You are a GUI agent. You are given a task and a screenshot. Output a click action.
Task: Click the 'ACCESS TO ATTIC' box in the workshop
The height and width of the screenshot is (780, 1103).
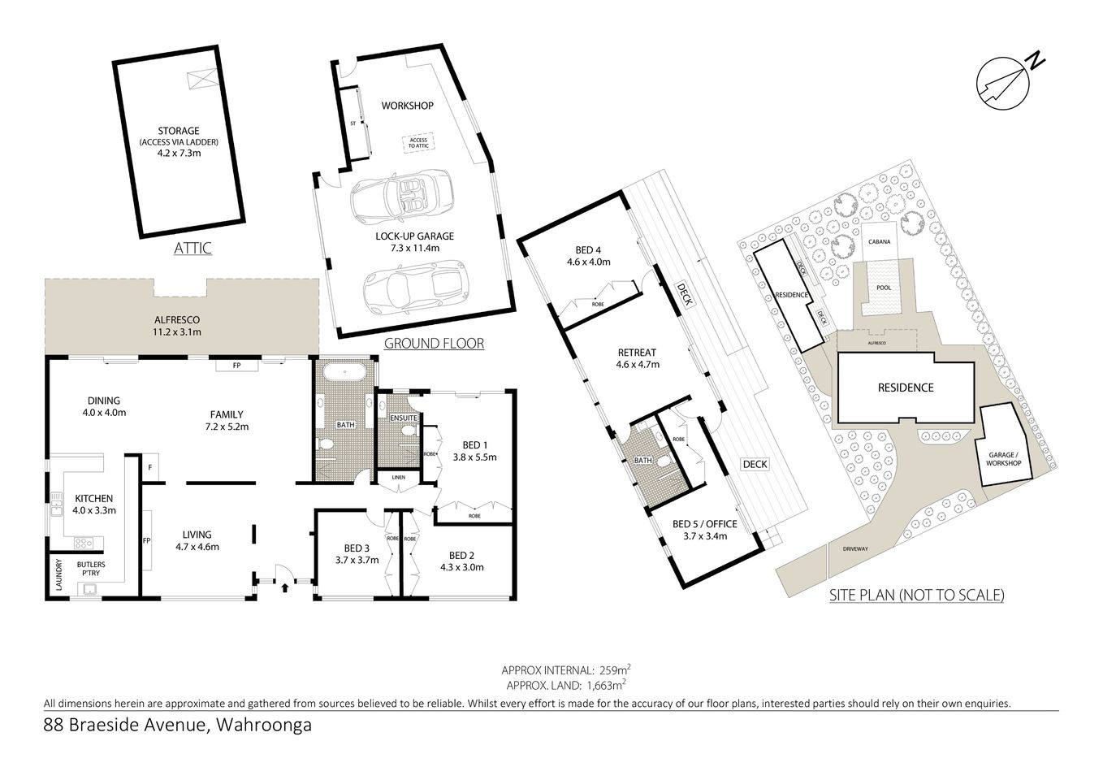click(x=417, y=144)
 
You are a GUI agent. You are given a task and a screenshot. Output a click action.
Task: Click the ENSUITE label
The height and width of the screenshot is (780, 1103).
click(x=404, y=418)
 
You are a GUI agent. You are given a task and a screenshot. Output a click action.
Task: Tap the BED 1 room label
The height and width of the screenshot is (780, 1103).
click(x=474, y=444)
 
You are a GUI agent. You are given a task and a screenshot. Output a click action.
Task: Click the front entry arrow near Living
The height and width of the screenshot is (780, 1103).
click(x=284, y=586)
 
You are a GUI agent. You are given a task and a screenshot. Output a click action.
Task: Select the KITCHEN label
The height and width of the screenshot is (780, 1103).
click(x=94, y=498)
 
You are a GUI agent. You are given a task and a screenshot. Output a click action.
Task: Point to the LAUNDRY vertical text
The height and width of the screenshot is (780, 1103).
click(x=58, y=574)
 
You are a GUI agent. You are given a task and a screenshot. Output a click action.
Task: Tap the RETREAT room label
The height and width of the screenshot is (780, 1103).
click(x=637, y=353)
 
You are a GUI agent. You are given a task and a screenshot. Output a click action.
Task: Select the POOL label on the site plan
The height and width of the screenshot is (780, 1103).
click(x=884, y=288)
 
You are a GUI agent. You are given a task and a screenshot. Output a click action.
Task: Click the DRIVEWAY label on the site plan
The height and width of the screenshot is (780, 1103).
click(x=854, y=548)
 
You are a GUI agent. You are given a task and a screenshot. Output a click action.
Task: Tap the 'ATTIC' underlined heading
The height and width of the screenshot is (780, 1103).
click(x=192, y=248)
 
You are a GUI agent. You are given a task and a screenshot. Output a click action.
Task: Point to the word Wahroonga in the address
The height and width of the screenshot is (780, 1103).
click(x=265, y=725)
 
